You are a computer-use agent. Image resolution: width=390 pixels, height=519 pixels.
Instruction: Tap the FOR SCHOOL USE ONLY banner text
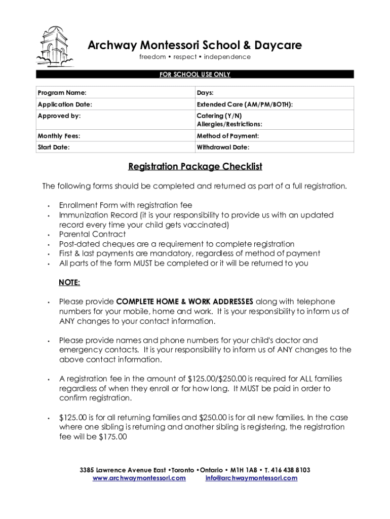click(x=195, y=75)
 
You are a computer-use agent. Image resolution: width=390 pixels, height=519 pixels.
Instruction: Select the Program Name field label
click(x=62, y=93)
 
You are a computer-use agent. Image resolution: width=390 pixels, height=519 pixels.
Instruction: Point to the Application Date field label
click(x=65, y=104)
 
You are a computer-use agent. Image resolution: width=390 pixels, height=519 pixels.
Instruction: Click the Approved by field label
click(x=59, y=116)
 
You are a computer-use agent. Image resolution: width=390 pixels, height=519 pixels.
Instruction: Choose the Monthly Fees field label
click(x=59, y=136)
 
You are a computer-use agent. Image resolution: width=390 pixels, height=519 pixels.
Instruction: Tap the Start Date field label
click(x=54, y=147)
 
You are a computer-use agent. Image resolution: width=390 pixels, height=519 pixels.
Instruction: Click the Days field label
click(x=205, y=93)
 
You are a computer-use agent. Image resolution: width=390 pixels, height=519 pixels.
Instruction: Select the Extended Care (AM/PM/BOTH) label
click(x=245, y=104)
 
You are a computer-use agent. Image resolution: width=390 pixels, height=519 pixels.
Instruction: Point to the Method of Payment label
click(x=227, y=136)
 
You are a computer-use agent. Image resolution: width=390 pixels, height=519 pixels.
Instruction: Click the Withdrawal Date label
click(x=223, y=147)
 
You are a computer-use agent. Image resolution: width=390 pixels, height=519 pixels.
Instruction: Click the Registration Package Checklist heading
click(x=195, y=166)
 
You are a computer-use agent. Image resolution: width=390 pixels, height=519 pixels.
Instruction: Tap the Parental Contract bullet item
click(x=92, y=234)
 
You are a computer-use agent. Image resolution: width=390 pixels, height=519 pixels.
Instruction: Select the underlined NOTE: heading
click(x=69, y=282)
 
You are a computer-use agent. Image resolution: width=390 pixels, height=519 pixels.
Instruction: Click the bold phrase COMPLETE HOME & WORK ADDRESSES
click(x=185, y=302)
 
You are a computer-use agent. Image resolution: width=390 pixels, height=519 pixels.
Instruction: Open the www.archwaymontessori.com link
click(x=139, y=478)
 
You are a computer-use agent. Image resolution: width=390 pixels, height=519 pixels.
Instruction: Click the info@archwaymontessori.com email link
click(x=251, y=478)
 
